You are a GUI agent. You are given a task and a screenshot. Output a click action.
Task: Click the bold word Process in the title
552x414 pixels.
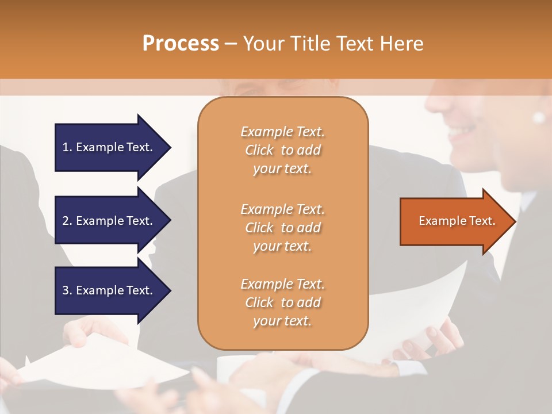pos(181,44)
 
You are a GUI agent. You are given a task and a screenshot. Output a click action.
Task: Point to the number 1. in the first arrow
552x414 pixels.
pos(67,147)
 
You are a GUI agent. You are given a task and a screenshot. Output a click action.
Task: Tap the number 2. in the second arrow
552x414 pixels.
pos(67,221)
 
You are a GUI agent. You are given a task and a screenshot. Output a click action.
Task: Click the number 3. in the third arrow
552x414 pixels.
pos(67,290)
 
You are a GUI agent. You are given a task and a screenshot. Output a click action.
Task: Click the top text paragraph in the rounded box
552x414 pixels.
pos(282,150)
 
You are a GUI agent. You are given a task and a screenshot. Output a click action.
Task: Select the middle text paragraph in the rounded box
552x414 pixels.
pos(282,228)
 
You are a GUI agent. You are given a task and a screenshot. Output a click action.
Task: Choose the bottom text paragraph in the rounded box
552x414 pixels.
pos(282,302)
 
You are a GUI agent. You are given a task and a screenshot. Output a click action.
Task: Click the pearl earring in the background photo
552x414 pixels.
pos(539,117)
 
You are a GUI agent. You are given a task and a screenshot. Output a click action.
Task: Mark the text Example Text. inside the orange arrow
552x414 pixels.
pos(457,221)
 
